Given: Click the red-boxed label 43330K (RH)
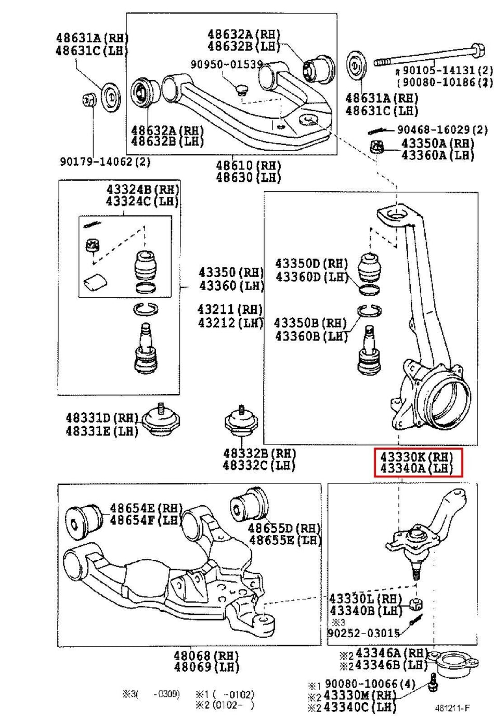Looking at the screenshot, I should tap(417, 457).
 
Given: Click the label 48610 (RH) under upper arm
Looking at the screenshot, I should tap(249, 166).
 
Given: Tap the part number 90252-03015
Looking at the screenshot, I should tap(363, 633).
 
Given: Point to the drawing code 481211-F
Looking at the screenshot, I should tap(452, 708).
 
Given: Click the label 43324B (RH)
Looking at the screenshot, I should tap(141, 189).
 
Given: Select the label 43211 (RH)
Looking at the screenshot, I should tap(230, 309).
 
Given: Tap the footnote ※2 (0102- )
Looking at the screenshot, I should tap(224, 705).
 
